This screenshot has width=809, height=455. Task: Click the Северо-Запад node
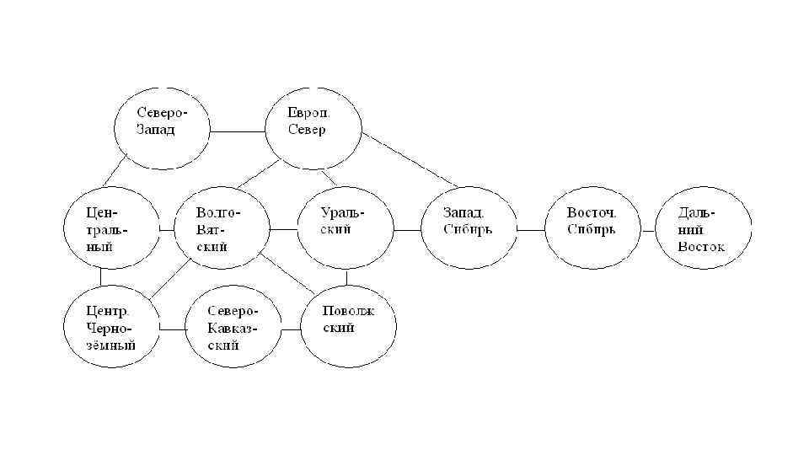(x=162, y=127)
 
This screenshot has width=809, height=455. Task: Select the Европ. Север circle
(x=313, y=127)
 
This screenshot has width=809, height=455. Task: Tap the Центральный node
(x=112, y=228)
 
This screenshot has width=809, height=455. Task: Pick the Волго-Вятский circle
(x=222, y=228)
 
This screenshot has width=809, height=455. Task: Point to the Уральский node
(x=346, y=228)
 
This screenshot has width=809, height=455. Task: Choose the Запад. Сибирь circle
(x=469, y=228)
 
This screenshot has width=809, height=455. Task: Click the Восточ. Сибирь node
(x=592, y=228)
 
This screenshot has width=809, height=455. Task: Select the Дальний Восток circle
(x=704, y=228)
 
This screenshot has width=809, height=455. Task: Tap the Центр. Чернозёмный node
(x=112, y=328)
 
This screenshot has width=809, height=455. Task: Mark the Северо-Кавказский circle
(x=232, y=328)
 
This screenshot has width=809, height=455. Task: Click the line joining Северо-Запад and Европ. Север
(x=238, y=131)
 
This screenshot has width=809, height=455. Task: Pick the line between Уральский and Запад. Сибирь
(x=407, y=229)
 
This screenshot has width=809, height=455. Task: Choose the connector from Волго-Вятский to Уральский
(x=283, y=229)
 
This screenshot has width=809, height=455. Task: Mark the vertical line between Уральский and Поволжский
(x=347, y=281)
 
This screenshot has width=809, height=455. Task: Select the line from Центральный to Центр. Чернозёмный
(x=101, y=277)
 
